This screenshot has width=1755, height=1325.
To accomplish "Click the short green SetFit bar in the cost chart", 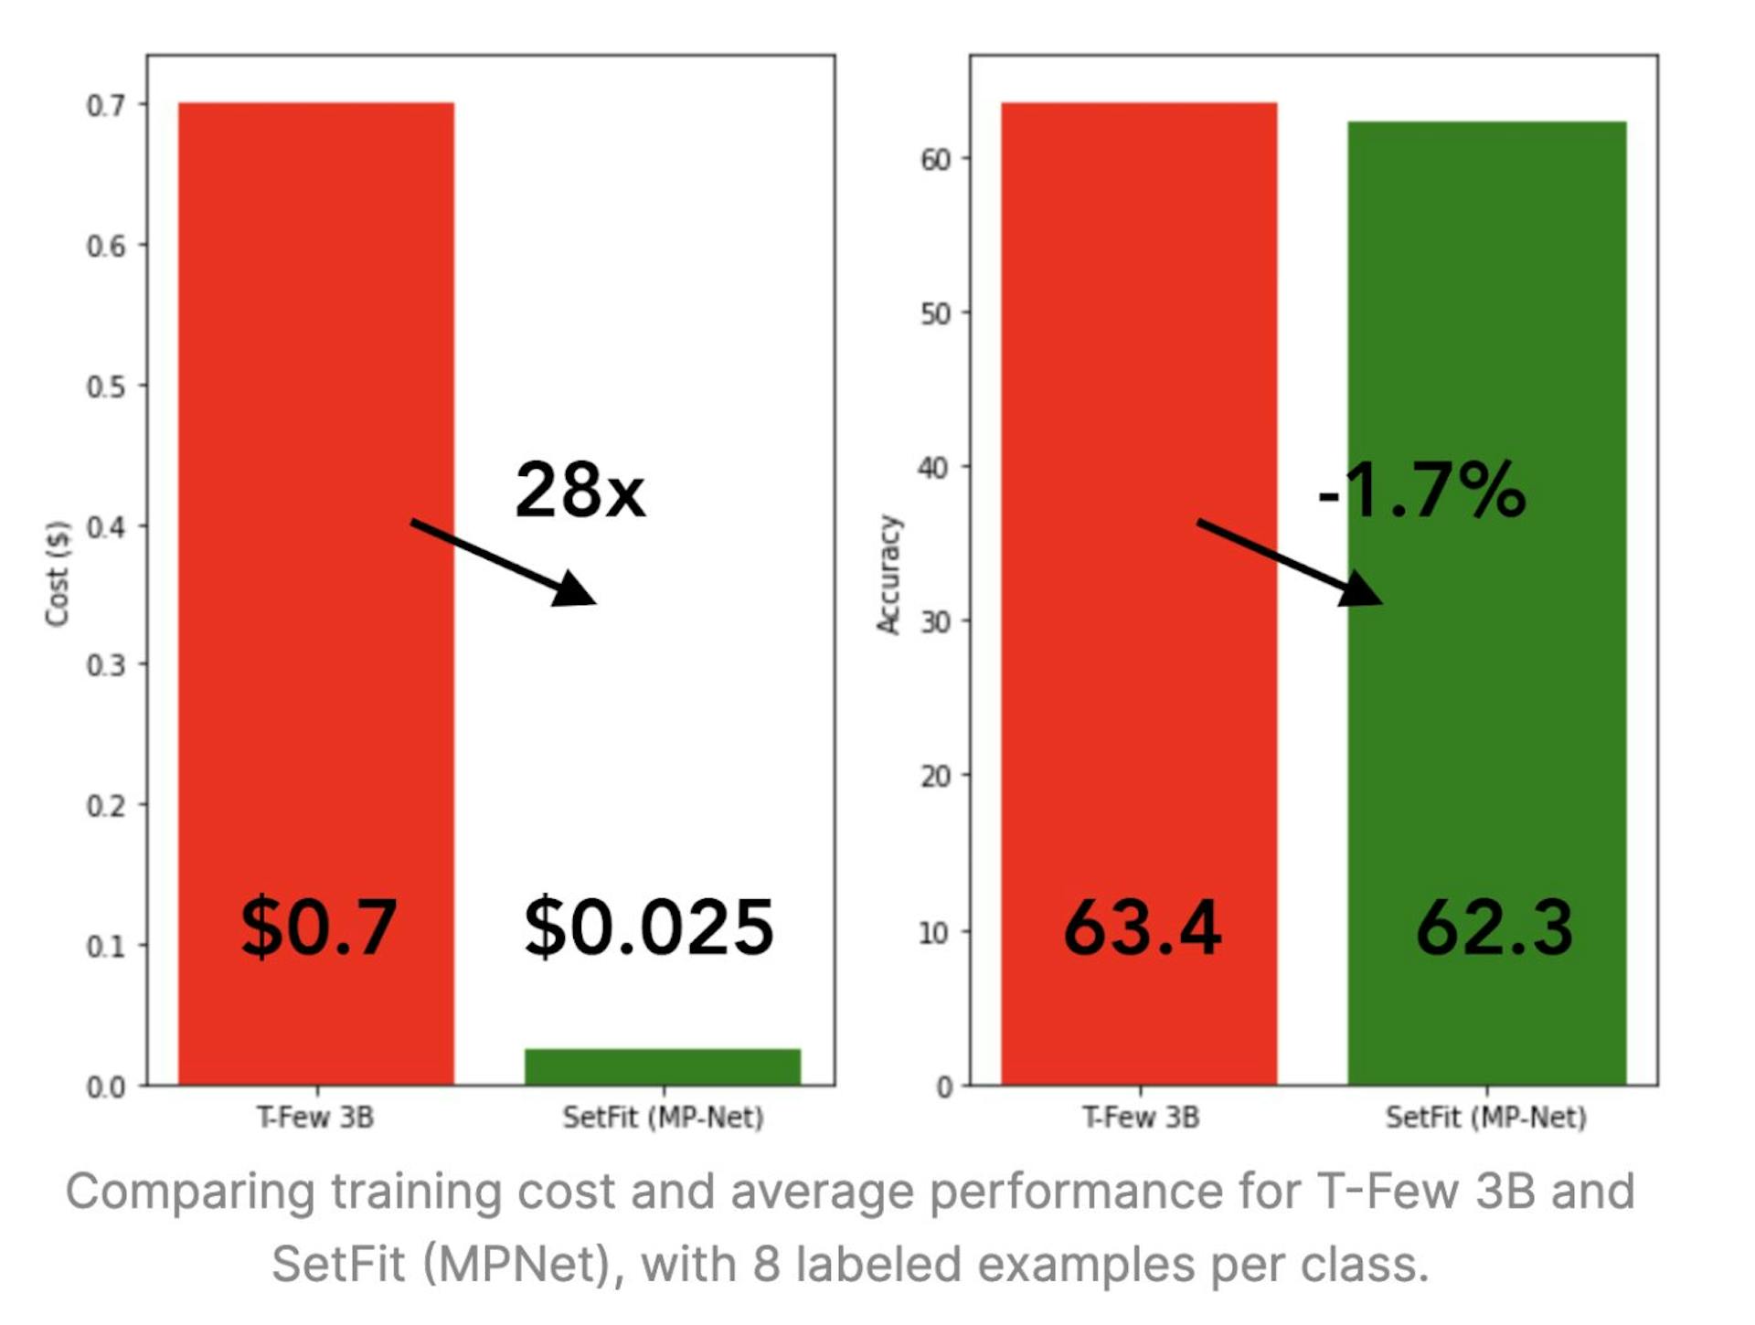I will (662, 1066).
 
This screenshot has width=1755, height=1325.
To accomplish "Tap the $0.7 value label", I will (318, 927).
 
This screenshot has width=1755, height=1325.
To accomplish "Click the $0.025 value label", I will (649, 927).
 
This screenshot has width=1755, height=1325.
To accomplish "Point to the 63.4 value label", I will (1142, 927).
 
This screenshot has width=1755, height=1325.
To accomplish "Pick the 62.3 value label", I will (1494, 927).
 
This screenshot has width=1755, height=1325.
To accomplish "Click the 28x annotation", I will (580, 491).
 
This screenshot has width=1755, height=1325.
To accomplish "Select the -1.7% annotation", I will (1421, 491).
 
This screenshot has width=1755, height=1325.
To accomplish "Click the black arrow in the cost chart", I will (503, 562).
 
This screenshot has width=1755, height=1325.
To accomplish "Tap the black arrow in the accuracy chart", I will (1289, 562).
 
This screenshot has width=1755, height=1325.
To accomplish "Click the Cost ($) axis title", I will (58, 573).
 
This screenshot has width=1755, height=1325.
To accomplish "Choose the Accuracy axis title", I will (888, 574).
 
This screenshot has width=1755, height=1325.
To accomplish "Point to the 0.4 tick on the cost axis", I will (106, 527).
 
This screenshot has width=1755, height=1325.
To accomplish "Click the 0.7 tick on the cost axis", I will (106, 106).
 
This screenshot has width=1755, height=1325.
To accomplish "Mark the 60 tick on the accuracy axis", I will (935, 160).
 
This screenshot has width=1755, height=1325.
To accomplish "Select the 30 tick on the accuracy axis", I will (935, 622).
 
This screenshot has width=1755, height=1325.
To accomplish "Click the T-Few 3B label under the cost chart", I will (315, 1117).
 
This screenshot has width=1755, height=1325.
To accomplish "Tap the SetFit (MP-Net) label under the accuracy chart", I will (1485, 1117).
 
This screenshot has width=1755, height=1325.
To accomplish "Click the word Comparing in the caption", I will (189, 1192).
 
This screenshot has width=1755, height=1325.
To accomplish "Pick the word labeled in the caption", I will (879, 1265).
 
